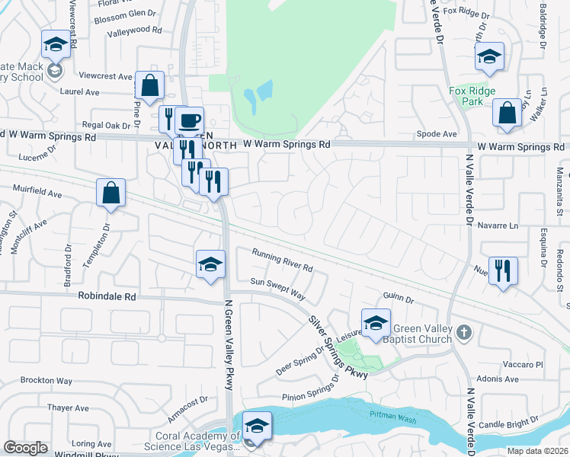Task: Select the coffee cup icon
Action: point(188,120)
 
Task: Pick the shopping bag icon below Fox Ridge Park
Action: point(507,113)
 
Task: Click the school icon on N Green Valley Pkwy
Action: point(211,264)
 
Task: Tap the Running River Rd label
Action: point(283,261)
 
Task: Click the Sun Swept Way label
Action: point(277,289)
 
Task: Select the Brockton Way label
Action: point(46,380)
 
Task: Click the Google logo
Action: point(26,448)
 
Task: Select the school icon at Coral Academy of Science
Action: point(257,427)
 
